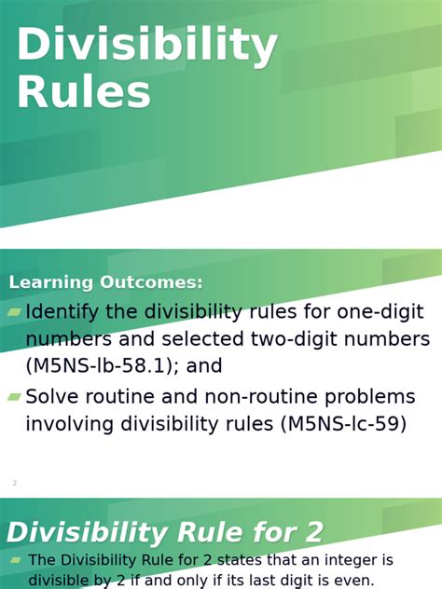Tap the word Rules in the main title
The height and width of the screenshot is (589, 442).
[x=84, y=92]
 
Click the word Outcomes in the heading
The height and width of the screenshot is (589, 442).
[x=150, y=282]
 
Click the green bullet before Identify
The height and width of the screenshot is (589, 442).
[x=14, y=312]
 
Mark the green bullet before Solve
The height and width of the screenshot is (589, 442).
[x=14, y=397]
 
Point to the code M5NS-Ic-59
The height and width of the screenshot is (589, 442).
[x=343, y=424]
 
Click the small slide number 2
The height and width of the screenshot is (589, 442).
[x=15, y=483]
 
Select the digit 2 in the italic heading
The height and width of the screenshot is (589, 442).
[x=311, y=533]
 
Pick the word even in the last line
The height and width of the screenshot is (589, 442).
[x=350, y=582]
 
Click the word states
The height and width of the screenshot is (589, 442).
[x=256, y=561]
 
